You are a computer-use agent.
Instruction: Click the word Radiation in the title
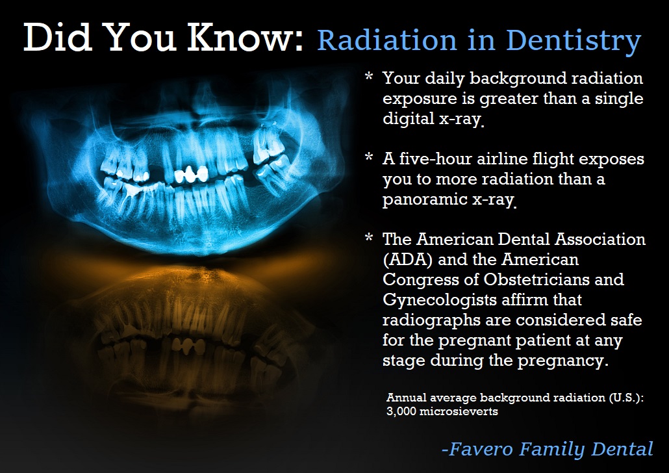coord(387,40)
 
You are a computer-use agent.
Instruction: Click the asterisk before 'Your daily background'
coord(369,77)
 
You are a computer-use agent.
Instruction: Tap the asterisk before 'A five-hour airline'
coord(369,157)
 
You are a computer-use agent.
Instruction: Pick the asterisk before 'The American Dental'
coord(369,238)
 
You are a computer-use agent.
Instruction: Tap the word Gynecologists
coord(439,300)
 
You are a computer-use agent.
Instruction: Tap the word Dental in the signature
coord(622,449)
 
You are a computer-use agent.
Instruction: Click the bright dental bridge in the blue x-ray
coord(191,174)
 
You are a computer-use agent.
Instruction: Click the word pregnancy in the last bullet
coord(563,361)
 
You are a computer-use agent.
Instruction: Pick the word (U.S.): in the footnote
coord(626,398)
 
